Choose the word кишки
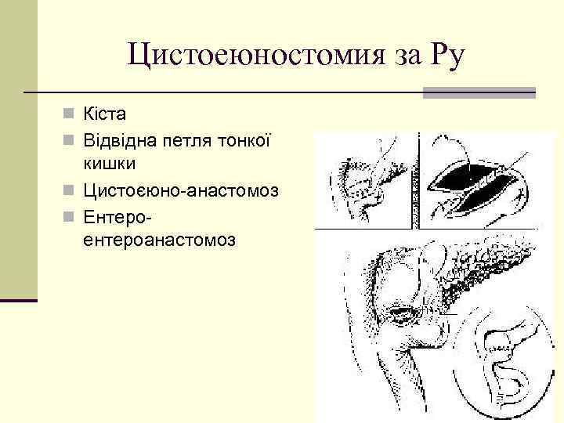point(109,164)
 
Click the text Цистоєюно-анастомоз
point(179,190)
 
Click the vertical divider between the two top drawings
point(421,180)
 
